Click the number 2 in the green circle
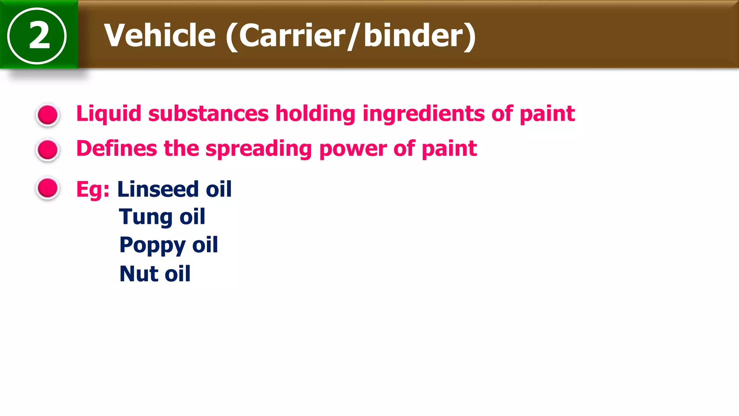coord(39,35)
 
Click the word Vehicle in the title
coord(160,35)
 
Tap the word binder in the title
coord(414,35)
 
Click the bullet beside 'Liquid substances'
coord(48,115)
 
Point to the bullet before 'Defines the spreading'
coord(48,149)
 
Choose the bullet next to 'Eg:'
coord(48,188)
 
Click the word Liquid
coord(109,114)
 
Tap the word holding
coord(315,114)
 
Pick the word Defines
coord(117,148)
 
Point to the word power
coord(353,148)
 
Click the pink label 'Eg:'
coord(93,190)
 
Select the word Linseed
coord(158,189)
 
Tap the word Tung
coord(145,217)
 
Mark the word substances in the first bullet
coord(208,114)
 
